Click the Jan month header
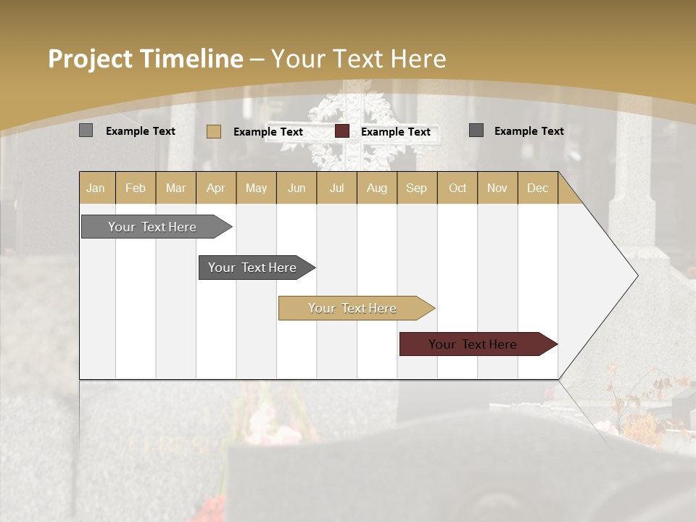point(96,188)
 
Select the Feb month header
point(136,188)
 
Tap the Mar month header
point(175,188)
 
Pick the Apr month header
point(215,188)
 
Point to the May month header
point(256,188)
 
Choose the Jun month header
point(297,188)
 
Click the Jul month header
point(336,188)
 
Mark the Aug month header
point(377,188)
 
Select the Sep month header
point(417,188)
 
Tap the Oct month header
point(457,188)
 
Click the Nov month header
point(497,188)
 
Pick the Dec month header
point(537,188)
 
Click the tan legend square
point(213,131)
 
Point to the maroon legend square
point(342,131)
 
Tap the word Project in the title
point(90,59)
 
